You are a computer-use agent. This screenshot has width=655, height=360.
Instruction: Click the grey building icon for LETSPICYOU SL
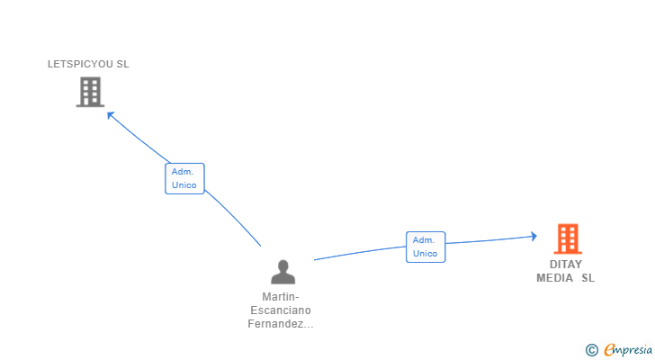click(x=90, y=92)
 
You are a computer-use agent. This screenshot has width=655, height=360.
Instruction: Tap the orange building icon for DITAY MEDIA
click(x=567, y=238)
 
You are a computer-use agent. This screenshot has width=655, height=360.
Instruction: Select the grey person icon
click(x=283, y=272)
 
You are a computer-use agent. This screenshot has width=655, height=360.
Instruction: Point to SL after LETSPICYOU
click(x=122, y=64)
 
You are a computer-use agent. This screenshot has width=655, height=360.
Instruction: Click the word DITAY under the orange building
click(x=566, y=265)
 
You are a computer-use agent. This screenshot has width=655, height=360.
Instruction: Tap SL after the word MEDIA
click(x=588, y=278)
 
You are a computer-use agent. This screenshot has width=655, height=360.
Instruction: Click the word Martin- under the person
click(x=281, y=297)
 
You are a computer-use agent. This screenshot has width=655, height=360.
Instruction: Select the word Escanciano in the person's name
click(x=281, y=310)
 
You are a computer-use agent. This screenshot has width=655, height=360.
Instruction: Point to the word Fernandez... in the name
click(x=281, y=324)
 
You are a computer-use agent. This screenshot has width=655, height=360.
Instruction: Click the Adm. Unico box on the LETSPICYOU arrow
click(x=184, y=178)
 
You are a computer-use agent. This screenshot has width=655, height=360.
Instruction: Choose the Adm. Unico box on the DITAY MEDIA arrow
click(x=425, y=247)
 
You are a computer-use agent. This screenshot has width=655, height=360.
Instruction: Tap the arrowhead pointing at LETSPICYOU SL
click(x=110, y=113)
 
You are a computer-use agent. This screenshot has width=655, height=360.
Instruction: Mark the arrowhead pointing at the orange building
click(x=534, y=236)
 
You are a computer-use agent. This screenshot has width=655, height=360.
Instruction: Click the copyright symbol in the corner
click(x=591, y=350)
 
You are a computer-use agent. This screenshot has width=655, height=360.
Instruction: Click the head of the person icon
click(x=283, y=265)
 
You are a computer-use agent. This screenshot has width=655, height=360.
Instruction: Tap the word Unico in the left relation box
click(x=184, y=185)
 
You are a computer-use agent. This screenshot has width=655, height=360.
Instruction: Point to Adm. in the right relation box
click(x=425, y=240)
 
